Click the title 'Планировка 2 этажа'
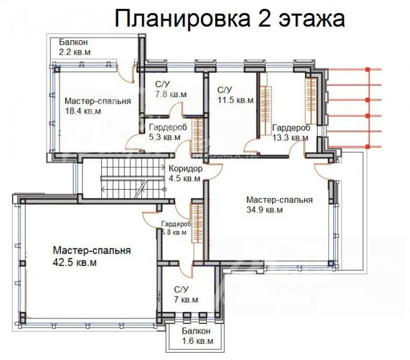(230, 19)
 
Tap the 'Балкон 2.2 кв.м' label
(75, 47)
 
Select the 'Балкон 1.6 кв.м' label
(197, 336)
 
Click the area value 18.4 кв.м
(83, 111)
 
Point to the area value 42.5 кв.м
(74, 262)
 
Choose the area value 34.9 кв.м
(264, 210)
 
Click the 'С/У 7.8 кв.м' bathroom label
(171, 89)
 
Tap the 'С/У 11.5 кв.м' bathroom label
(236, 95)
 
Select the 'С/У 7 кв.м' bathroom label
(186, 295)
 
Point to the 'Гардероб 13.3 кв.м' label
(291, 133)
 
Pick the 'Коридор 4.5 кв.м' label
(185, 173)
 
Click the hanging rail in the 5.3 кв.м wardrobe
(198, 136)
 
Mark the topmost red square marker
(367, 70)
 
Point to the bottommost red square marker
(367, 146)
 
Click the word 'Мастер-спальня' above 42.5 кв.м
(92, 251)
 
